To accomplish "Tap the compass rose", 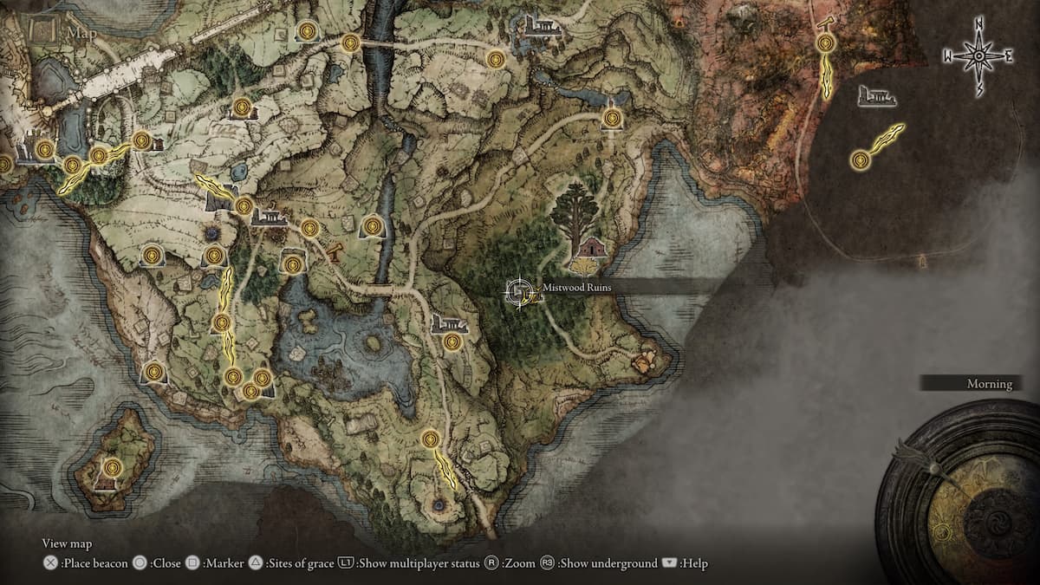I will [x=978, y=56].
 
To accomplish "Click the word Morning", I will [x=990, y=384].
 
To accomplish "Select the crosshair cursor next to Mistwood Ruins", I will [x=518, y=291].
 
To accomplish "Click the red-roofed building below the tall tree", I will [x=592, y=248].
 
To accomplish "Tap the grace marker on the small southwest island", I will [x=111, y=466].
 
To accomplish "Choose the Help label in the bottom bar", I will [x=694, y=563].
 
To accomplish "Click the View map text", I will [x=67, y=543].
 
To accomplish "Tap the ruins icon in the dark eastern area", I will [x=876, y=96].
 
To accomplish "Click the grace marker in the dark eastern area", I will [x=860, y=159].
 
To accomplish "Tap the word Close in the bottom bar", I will [x=166, y=563].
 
